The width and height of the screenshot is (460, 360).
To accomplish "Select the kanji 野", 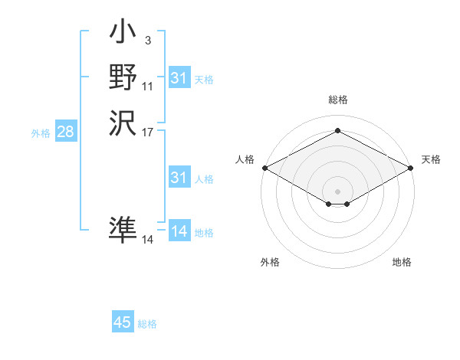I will click(123, 77).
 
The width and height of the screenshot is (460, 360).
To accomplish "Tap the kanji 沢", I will click(123, 122).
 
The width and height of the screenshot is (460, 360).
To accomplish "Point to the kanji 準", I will click(123, 229).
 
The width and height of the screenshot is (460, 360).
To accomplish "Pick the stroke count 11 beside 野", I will click(147, 87).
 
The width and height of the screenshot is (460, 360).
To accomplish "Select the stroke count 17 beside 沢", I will click(147, 132).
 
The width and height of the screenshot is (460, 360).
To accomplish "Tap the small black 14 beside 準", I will click(147, 240).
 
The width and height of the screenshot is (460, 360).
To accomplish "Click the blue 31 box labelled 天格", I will click(179, 78).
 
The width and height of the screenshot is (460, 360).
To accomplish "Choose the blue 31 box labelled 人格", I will click(179, 178).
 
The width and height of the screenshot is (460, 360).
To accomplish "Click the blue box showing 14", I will click(179, 231).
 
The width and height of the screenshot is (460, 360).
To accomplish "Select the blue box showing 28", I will click(65, 132).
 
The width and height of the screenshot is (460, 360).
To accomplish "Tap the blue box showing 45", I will click(123, 322).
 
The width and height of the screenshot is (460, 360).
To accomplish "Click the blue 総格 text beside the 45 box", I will click(147, 324).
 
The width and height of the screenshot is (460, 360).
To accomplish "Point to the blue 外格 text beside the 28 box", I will click(41, 133).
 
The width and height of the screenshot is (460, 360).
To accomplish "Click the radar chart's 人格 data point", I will click(264, 168).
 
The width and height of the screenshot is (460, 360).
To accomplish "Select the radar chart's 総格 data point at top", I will click(337, 131).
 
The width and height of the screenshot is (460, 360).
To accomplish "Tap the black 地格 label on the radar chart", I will click(402, 262).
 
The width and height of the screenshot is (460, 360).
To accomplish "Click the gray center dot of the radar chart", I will click(337, 191).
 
